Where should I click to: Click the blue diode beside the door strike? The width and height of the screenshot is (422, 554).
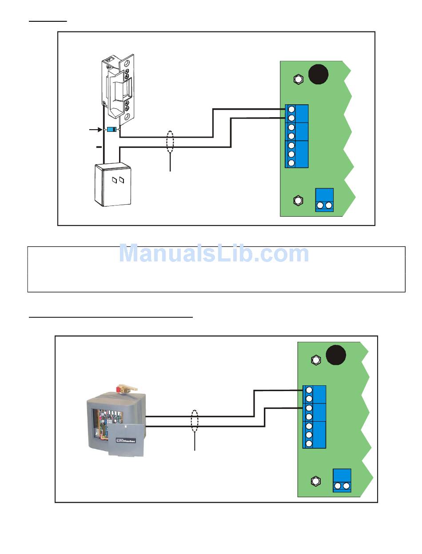click(x=112, y=130)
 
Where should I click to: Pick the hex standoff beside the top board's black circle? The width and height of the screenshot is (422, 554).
click(x=299, y=79)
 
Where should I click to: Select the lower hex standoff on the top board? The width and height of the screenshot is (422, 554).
click(x=299, y=201)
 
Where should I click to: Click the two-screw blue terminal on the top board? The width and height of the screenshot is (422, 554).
click(x=324, y=200)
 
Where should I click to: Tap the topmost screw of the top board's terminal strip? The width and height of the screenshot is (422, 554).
click(x=291, y=109)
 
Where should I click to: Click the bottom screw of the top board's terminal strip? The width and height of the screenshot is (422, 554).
click(x=291, y=163)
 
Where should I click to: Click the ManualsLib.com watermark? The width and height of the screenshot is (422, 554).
click(x=214, y=254)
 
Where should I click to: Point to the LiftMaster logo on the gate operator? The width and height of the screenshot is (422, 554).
click(x=125, y=440)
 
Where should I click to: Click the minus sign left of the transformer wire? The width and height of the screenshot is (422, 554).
click(x=99, y=146)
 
